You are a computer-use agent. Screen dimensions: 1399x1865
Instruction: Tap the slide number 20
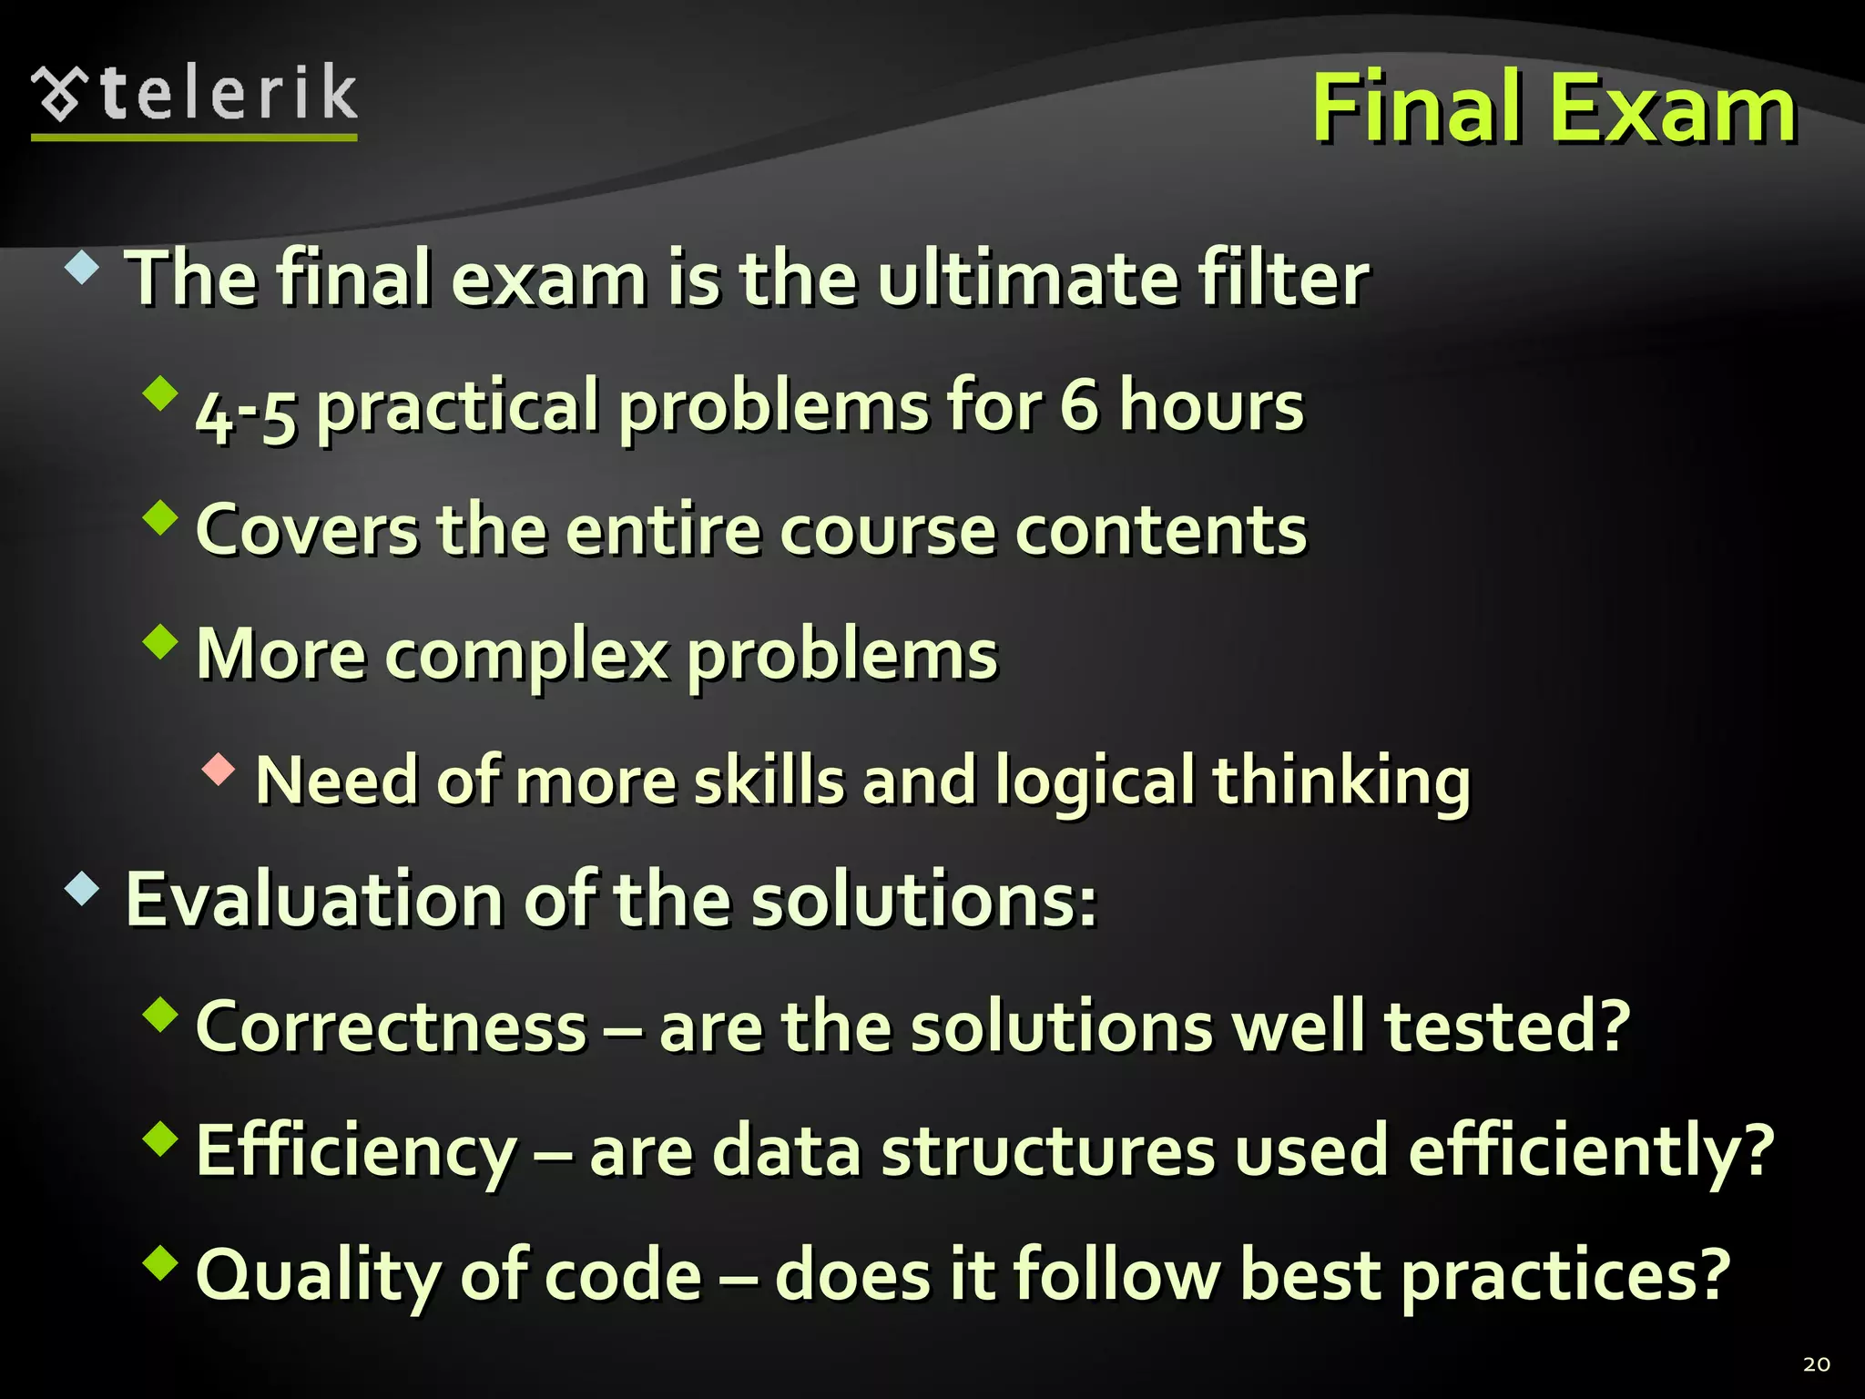(x=1816, y=1364)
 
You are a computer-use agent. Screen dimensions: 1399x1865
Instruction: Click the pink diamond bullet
(x=219, y=770)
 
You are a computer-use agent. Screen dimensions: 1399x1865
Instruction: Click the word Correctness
(x=391, y=1026)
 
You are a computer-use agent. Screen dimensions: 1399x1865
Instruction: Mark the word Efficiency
(x=356, y=1151)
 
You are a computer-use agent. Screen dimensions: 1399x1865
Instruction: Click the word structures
(x=1047, y=1151)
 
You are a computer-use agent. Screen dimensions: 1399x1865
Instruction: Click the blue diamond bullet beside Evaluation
(x=82, y=889)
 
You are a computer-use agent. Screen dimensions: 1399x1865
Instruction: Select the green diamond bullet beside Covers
(x=160, y=517)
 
